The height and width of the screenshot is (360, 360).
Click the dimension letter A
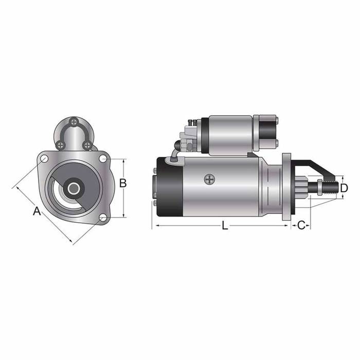pyautogui.click(x=37, y=211)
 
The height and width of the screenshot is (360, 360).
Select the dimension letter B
pyautogui.click(x=123, y=183)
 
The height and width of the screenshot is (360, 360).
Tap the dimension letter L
pyautogui.click(x=225, y=225)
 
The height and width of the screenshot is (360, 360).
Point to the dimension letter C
pyautogui.click(x=302, y=225)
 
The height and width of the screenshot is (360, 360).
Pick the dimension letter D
pyautogui.click(x=345, y=188)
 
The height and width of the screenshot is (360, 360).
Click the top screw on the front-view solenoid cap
pyautogui.click(x=75, y=122)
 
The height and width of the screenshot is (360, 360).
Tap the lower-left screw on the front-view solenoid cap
pyautogui.click(x=61, y=146)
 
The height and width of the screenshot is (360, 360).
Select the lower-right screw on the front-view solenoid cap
pyautogui.click(x=87, y=146)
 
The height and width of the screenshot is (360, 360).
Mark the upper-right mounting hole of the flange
pyautogui.click(x=102, y=158)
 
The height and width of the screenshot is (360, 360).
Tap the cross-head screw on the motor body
pyautogui.click(x=209, y=179)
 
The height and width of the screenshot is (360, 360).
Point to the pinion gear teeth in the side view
pyautogui.click(x=301, y=187)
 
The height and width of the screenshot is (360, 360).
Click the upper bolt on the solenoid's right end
pyautogui.click(x=276, y=122)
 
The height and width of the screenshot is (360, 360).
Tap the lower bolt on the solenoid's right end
pyautogui.click(x=276, y=142)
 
